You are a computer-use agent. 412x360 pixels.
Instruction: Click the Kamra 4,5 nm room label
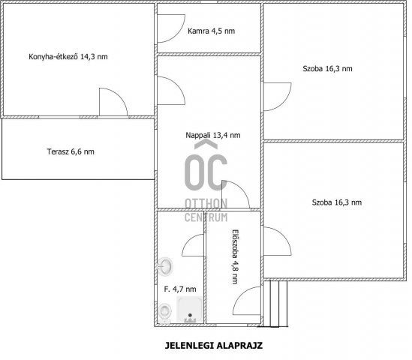(212, 31)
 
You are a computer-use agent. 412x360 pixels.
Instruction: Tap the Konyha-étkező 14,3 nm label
(68, 57)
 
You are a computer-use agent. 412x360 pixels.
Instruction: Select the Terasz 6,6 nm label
(71, 151)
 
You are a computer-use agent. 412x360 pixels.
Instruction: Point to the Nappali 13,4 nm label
(213, 135)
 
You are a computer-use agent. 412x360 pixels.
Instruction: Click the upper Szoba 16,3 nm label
(327, 69)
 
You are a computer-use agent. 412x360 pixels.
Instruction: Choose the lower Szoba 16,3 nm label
(337, 202)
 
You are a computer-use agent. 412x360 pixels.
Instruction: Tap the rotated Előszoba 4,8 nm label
(235, 256)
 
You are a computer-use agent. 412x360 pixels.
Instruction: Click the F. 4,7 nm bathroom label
(180, 289)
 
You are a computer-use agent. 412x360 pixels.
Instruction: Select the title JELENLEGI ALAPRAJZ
(214, 345)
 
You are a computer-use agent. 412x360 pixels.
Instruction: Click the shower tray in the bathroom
(190, 309)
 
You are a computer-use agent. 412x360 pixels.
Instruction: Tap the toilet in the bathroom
(165, 313)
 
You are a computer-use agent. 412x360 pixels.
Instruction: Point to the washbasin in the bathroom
(165, 266)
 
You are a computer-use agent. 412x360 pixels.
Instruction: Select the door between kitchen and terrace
(113, 102)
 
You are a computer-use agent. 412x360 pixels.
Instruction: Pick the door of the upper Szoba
(278, 97)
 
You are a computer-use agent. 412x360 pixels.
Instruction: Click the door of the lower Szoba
(278, 241)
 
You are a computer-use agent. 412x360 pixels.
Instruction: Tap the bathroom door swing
(193, 245)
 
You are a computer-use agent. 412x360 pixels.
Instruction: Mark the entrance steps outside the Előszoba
(275, 304)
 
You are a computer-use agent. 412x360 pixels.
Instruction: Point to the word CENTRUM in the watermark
(206, 217)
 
